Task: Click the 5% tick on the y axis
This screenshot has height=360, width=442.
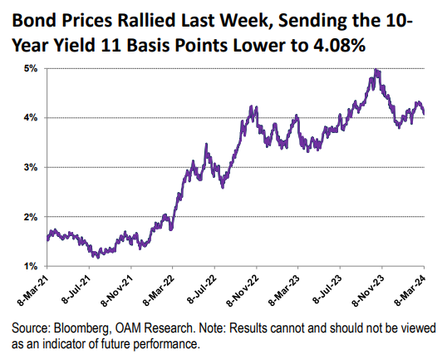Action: point(31,68)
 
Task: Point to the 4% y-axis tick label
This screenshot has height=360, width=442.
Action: point(31,117)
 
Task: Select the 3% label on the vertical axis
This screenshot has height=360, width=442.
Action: point(31,167)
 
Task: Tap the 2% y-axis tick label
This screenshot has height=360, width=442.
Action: point(31,217)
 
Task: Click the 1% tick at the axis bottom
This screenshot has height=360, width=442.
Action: point(31,266)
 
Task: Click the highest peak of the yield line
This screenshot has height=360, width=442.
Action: point(377,71)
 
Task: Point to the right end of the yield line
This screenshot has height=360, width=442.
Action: point(425,114)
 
